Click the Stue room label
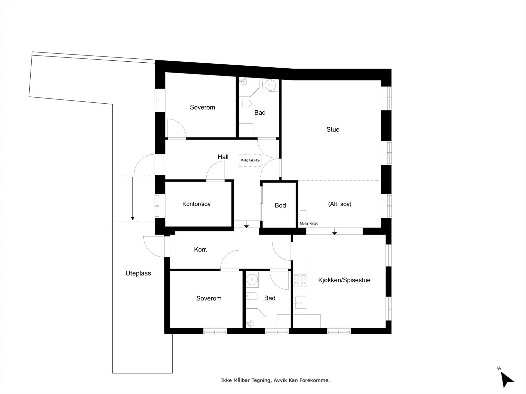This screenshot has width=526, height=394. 333,130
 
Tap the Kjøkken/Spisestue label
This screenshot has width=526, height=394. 344,280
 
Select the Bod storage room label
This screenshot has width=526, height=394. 280,205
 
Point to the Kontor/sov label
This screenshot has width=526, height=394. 197,204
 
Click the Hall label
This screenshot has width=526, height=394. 223,157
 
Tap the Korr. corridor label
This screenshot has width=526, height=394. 201,250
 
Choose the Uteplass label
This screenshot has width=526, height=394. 138,274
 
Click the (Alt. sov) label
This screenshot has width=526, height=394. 340,204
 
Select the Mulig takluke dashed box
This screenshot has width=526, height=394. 250,160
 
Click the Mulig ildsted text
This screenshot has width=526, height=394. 309,224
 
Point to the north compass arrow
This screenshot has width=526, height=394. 507,380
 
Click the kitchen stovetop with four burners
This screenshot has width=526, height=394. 300,281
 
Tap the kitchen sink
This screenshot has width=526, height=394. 300,303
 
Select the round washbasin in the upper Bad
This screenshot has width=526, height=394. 271,85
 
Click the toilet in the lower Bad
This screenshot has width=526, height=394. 252,296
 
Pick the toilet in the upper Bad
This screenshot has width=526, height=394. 245,103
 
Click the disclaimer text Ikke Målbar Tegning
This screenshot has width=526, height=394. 246,380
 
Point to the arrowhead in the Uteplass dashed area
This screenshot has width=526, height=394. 132,219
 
